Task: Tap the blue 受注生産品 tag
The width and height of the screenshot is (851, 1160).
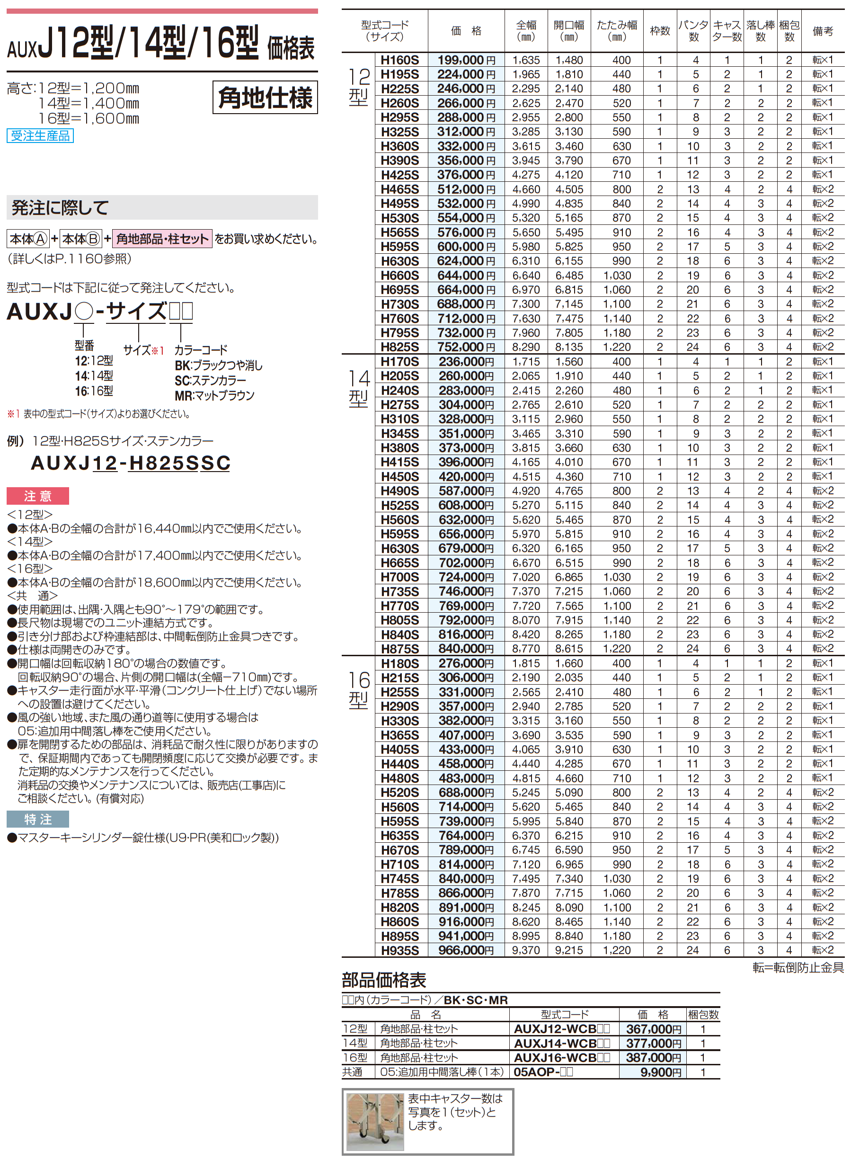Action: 40,135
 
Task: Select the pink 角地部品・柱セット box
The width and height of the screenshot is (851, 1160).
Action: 162,239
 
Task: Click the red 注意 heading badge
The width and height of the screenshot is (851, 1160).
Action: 37,496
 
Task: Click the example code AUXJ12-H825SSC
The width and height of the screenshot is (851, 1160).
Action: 130,463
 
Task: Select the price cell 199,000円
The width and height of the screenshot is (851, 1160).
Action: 466,60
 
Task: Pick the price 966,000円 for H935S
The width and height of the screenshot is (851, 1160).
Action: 466,950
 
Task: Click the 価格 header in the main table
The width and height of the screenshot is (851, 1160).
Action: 466,31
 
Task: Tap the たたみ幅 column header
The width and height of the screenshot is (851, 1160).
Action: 617,31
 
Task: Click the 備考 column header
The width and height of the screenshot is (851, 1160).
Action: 823,31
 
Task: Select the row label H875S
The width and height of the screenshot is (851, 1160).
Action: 400,649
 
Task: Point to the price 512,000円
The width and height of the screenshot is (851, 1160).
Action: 466,189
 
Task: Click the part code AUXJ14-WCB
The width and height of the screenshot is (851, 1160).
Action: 561,1043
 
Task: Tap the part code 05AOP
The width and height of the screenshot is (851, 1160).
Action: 543,1072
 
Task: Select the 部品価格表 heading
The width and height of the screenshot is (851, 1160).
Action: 384,980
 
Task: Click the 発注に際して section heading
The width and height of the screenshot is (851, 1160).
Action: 60,208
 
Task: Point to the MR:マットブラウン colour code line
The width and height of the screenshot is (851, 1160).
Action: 214,395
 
